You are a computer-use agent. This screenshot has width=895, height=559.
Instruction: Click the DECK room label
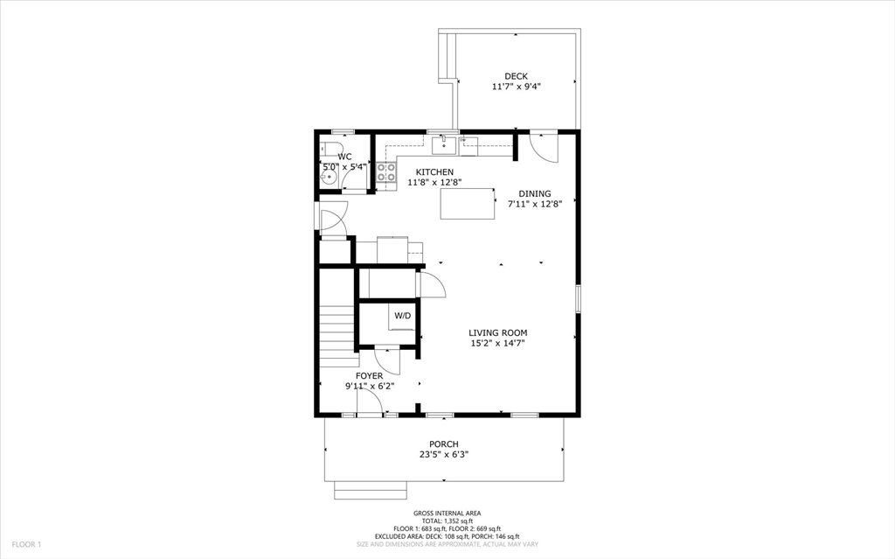pos(516,76)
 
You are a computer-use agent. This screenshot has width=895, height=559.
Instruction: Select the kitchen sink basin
pos(445,144)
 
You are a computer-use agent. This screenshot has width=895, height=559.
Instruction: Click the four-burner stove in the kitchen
pos(386,171)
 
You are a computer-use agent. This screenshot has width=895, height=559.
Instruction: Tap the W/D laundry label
pos(402,315)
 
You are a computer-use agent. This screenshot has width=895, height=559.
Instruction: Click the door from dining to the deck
pos(544,146)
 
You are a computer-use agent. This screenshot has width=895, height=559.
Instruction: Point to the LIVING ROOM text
pos(497,332)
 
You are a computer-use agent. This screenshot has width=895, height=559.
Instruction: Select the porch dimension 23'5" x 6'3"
pos(443,454)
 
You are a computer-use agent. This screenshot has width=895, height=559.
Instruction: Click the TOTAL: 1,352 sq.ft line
pos(447,521)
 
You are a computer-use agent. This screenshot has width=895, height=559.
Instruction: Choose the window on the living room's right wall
pos(578,297)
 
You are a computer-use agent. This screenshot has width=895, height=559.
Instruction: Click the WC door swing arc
pos(354,178)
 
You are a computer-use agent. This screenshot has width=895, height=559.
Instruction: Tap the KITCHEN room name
pos(434,171)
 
